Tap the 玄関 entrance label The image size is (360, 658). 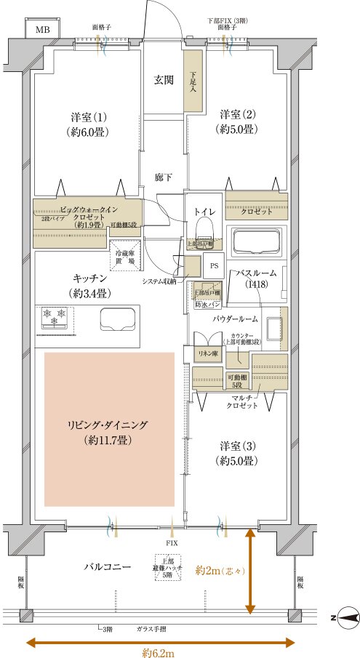click(164, 80)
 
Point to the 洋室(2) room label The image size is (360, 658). click(236, 121)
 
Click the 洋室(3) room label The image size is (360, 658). click(236, 454)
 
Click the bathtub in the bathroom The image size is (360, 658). click(255, 241)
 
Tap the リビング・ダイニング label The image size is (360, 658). click(109, 432)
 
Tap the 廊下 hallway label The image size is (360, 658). click(164, 177)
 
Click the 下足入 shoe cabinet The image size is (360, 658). click(193, 80)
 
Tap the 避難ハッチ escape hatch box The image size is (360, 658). click(169, 567)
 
